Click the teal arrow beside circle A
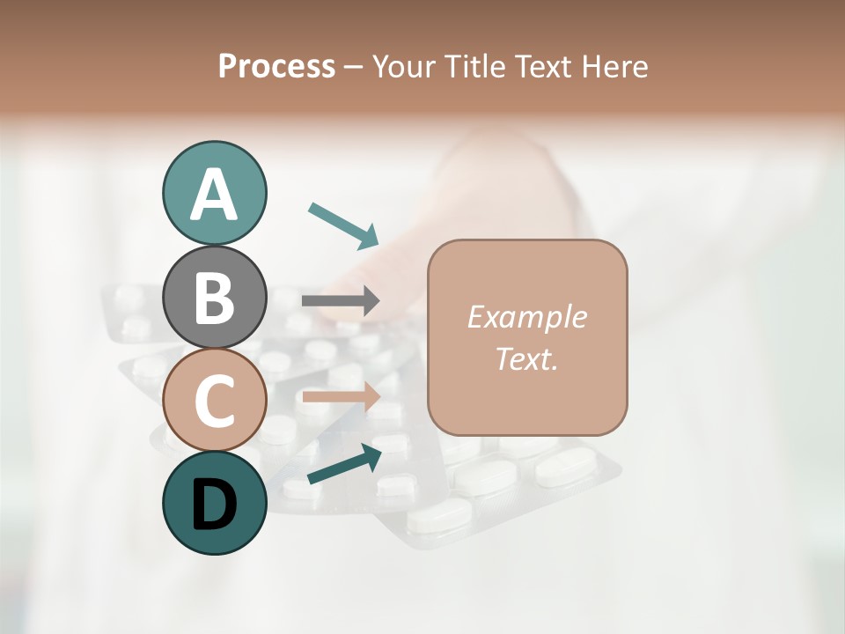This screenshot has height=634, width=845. pos(343,225)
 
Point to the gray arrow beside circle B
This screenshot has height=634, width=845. pos(341,301)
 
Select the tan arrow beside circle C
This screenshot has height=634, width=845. pos(341,397)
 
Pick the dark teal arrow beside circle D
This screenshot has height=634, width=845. pos(344,464)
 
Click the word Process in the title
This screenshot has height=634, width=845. pos(276,67)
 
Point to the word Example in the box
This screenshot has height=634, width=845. pos(526,317)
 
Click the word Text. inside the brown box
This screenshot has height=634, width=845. pos(526,358)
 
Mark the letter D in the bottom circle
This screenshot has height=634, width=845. pos(214,505)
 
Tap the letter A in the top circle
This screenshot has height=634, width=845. pos(214,195)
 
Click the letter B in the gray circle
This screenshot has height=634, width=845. pos(214,297)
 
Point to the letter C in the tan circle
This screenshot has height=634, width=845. pos(214,401)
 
